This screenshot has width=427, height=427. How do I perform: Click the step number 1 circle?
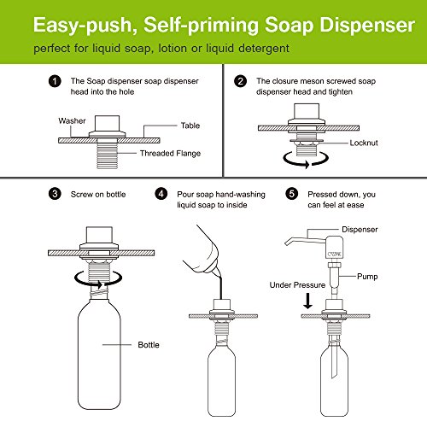point(55,81)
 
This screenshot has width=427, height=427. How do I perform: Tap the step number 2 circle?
point(240,81)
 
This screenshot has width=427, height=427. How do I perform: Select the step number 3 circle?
point(55,194)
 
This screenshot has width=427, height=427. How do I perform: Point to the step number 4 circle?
point(161,194)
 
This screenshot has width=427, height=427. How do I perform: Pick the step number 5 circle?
point(292,194)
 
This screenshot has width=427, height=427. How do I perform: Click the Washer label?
point(72,120)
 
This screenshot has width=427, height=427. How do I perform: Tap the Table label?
point(190,126)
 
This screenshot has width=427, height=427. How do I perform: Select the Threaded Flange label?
point(170,154)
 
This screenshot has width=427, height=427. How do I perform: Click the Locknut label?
point(364,143)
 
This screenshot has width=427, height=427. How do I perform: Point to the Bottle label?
point(149,345)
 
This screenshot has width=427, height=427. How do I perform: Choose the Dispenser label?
point(360,230)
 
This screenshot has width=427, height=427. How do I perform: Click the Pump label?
point(367,277)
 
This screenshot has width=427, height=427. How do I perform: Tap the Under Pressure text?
point(297,285)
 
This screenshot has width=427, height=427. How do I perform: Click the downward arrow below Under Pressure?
point(307,301)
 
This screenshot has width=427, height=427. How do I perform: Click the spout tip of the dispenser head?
point(287,243)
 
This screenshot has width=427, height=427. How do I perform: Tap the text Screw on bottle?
point(98,194)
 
